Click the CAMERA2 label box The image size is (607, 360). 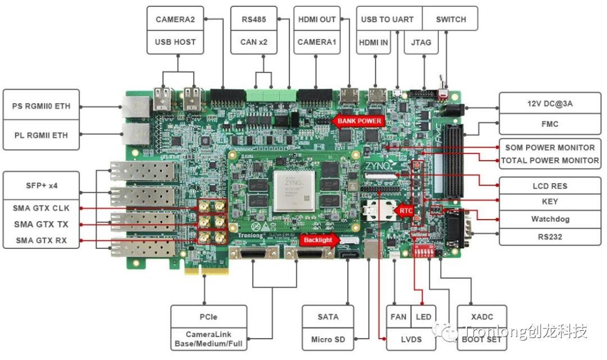(175, 19)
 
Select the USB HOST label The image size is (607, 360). (175, 42)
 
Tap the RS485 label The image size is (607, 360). (253, 19)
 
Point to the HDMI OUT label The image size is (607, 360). (317, 19)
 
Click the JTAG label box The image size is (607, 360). (421, 42)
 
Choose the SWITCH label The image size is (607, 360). (451, 19)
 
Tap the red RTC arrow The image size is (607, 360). (405, 211)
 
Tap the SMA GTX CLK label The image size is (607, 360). (41, 208)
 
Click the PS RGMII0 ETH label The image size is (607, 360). (41, 106)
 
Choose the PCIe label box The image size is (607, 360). (209, 317)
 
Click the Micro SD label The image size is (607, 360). (328, 339)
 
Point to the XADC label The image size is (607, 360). (482, 317)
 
